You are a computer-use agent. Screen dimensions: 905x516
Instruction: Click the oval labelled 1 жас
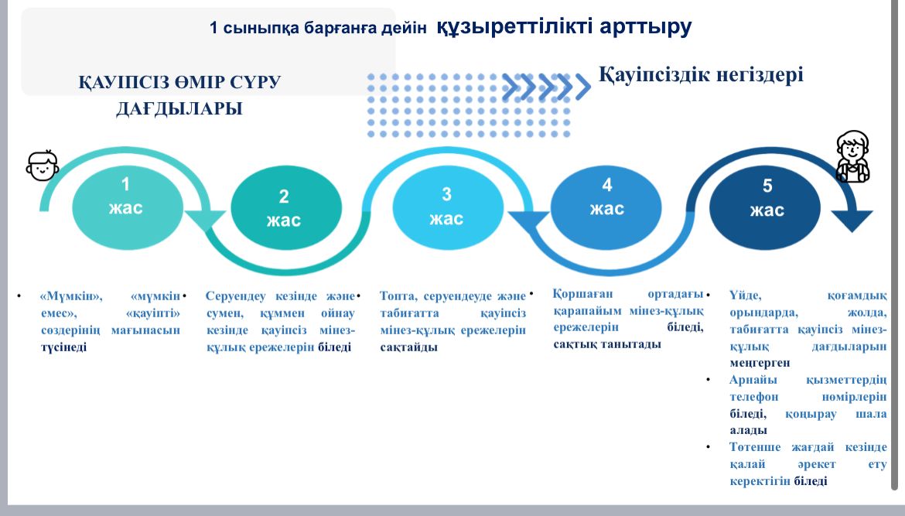click(x=128, y=207)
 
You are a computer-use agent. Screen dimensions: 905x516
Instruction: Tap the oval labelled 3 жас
click(x=448, y=207)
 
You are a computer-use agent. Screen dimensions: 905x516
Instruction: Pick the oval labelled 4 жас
click(x=606, y=207)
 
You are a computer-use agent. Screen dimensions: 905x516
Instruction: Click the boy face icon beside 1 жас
click(x=42, y=166)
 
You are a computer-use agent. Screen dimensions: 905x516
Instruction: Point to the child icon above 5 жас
click(x=853, y=156)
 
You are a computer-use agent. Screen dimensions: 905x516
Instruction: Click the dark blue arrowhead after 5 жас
click(x=852, y=221)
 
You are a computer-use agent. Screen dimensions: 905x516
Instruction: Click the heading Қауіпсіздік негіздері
click(x=701, y=74)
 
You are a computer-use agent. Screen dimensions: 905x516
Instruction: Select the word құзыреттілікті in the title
click(x=514, y=26)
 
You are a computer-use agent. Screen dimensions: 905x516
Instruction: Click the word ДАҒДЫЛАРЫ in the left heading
click(x=179, y=108)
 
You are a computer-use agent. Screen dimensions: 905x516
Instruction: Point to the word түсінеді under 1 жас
click(x=63, y=347)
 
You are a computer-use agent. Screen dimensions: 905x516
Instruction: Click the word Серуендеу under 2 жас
click(x=235, y=296)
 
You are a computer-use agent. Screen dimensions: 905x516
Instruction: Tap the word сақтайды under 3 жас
click(x=408, y=347)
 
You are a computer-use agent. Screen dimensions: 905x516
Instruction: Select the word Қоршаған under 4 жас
click(x=583, y=294)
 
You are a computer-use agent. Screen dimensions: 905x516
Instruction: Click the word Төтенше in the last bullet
click(x=754, y=447)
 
